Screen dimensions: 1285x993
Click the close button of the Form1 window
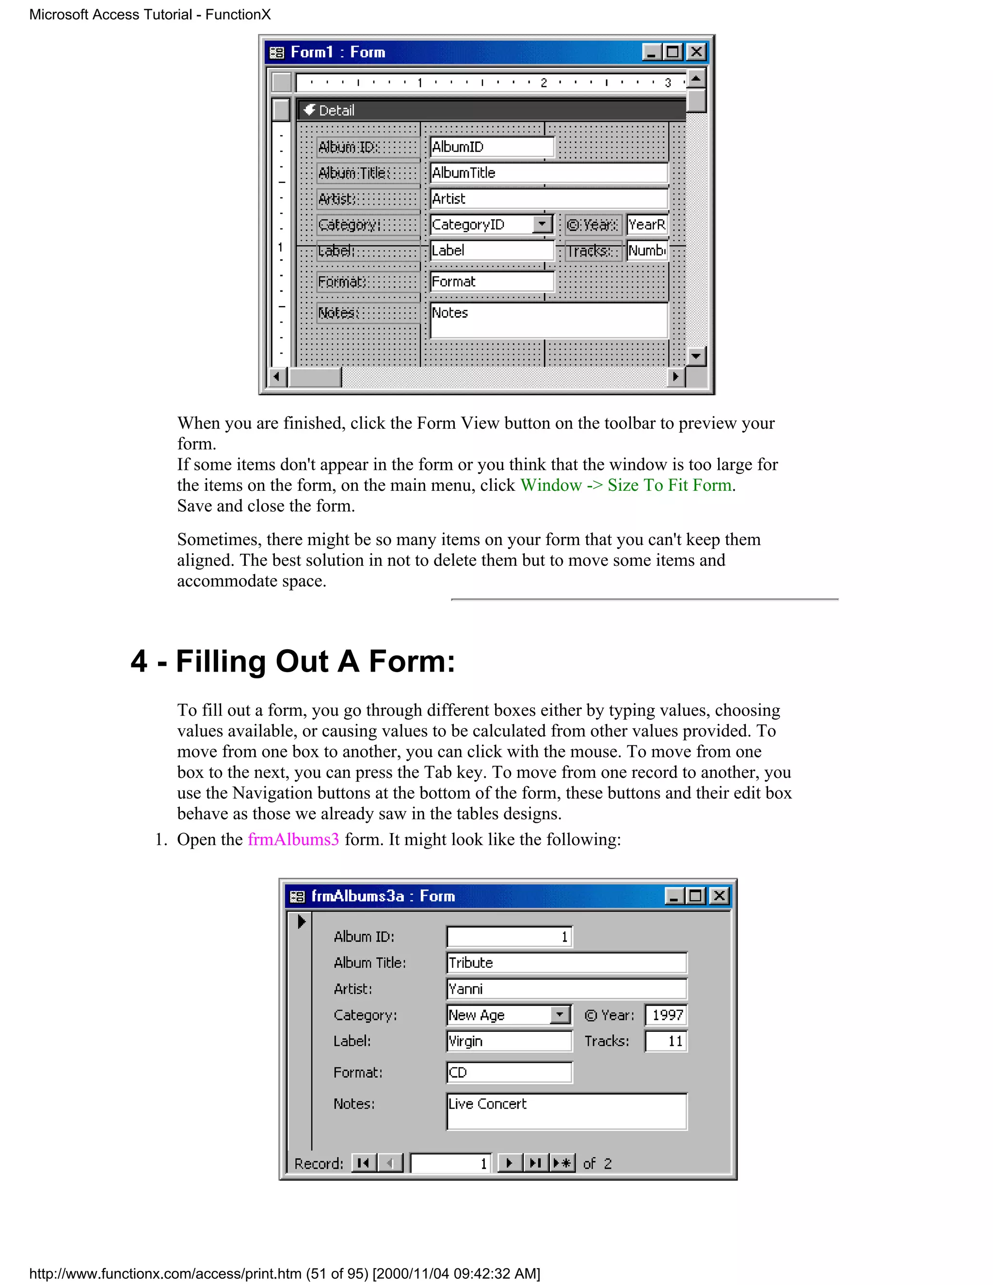click(x=696, y=52)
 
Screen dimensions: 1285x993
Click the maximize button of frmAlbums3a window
click(x=695, y=896)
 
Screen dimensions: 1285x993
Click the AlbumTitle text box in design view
click(x=548, y=173)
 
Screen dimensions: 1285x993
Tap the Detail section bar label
click(x=336, y=111)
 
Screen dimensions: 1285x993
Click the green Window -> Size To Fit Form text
click(x=626, y=485)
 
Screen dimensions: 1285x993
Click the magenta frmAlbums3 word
click(x=293, y=839)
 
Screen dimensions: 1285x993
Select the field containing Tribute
click(x=566, y=963)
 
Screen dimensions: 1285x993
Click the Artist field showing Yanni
click(x=566, y=989)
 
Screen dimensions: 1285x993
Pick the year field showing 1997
click(x=666, y=1015)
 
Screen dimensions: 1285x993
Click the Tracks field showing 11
click(x=666, y=1042)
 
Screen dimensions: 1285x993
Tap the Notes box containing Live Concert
click(x=566, y=1111)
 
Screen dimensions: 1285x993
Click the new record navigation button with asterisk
click(x=562, y=1163)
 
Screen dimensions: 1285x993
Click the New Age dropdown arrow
click(x=560, y=1015)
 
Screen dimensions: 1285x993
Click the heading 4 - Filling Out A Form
click(x=293, y=661)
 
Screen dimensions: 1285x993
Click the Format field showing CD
click(x=509, y=1073)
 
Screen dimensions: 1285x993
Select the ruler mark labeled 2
click(x=544, y=83)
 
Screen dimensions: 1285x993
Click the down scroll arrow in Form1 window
click(x=696, y=355)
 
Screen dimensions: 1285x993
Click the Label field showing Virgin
click(x=509, y=1042)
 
